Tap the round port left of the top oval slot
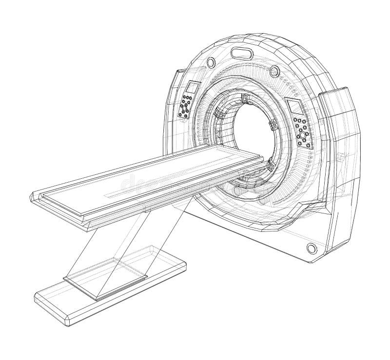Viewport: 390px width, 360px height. click(x=211, y=62)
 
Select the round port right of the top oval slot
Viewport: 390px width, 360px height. click(x=274, y=72)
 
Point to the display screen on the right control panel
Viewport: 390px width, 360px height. click(x=295, y=107)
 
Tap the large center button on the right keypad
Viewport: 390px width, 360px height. click(x=302, y=133)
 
